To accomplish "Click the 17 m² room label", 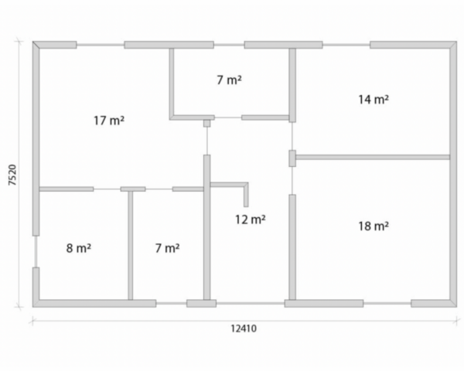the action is [x=109, y=121].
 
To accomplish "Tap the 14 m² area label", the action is [x=374, y=100].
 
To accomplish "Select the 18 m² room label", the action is [x=374, y=226].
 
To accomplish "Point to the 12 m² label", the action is [x=251, y=220].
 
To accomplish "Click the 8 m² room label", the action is [x=78, y=248].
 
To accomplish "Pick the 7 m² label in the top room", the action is [x=229, y=80].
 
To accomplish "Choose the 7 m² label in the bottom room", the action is [x=167, y=248].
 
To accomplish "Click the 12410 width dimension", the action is [x=244, y=328].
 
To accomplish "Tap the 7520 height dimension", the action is [x=12, y=175].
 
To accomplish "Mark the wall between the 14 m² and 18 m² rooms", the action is [x=373, y=157].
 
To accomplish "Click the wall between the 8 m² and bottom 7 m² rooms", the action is [x=131, y=245].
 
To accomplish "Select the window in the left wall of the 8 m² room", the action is [x=36, y=251].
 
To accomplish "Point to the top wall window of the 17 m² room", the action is [x=101, y=45].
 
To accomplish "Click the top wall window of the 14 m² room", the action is [x=346, y=45].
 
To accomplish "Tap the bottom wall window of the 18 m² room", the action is [x=387, y=303].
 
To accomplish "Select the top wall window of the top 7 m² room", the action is [x=229, y=45].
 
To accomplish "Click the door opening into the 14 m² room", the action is [x=292, y=136].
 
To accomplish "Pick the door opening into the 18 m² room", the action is [x=292, y=180].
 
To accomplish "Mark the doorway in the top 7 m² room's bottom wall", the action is [x=228, y=117].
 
